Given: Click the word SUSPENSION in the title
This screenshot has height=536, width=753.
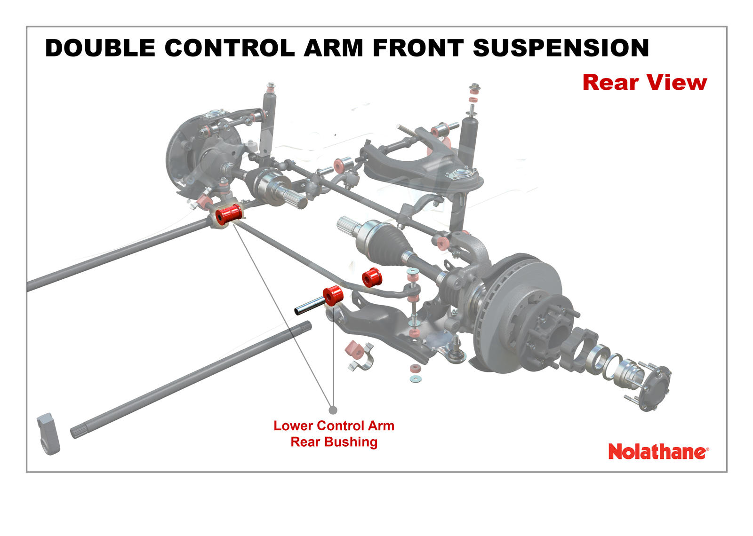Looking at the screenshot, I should pyautogui.click(x=561, y=48).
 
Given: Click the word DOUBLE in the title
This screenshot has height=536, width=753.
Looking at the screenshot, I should pyautogui.click(x=100, y=48).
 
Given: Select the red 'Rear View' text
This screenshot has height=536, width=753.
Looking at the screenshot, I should pyautogui.click(x=644, y=82).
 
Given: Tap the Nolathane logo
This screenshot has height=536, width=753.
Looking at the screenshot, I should pyautogui.click(x=658, y=452).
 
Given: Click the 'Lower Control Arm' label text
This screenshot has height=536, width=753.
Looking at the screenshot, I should pyautogui.click(x=334, y=426).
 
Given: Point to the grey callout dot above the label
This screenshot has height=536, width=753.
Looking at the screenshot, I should pyautogui.click(x=333, y=410).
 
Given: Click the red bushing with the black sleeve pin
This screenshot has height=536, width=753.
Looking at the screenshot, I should pyautogui.click(x=333, y=295).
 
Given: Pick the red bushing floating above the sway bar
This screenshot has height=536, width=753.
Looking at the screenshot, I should pyautogui.click(x=372, y=277).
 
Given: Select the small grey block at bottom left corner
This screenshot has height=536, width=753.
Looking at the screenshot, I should pyautogui.click(x=48, y=433).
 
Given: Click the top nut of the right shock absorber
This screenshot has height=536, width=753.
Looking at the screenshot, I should pyautogui.click(x=474, y=87).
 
